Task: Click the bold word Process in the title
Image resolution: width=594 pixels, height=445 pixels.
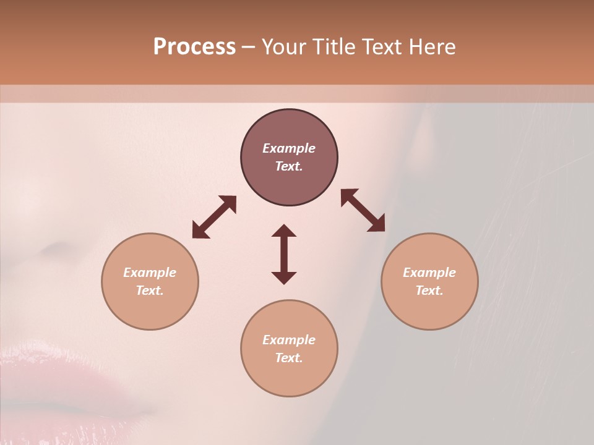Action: [194, 47]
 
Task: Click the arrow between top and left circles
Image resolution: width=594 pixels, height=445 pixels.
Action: [214, 217]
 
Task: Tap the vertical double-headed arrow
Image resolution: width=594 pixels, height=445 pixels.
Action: [284, 254]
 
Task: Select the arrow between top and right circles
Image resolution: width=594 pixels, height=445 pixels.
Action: [363, 210]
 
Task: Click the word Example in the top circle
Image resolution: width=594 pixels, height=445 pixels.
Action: [289, 148]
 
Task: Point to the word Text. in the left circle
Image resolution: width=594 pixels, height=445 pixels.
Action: [150, 290]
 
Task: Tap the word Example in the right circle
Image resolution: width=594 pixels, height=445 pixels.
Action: [429, 273]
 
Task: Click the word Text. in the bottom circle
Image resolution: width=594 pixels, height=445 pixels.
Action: [289, 358]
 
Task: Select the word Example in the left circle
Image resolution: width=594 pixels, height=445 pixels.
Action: [150, 273]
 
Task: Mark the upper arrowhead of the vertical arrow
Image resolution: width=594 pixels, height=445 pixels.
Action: [284, 231]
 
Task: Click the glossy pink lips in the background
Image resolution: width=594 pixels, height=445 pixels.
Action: [68, 377]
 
